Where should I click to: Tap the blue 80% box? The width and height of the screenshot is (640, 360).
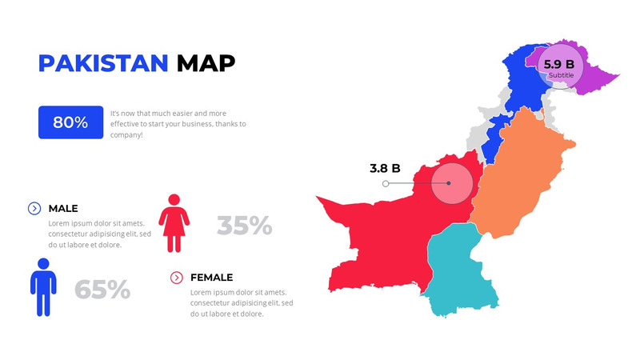point(70,122)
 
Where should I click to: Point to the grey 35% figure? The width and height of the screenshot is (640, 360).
point(244,226)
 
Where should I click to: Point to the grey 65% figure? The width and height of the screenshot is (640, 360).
point(102,290)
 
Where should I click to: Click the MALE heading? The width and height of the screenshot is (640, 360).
point(63,208)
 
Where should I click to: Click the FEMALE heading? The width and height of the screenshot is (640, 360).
point(211,278)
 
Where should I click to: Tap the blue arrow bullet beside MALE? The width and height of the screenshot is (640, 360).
point(34,208)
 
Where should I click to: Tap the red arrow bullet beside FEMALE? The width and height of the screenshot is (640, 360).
point(177,278)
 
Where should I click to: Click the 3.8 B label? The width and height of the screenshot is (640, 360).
point(385,169)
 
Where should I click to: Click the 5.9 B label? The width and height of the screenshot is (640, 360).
point(559,64)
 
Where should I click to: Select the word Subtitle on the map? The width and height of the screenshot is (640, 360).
point(561,75)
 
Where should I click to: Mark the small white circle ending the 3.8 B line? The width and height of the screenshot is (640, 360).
point(386,183)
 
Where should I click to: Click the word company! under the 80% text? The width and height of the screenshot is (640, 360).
point(126,135)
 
